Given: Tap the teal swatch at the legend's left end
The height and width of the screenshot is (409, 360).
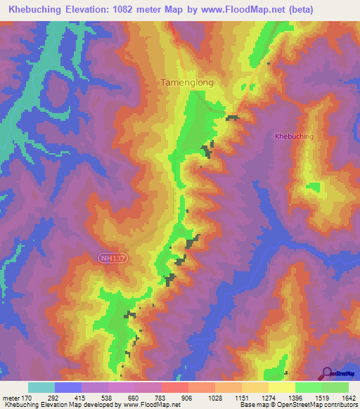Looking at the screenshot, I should [x=41, y=387].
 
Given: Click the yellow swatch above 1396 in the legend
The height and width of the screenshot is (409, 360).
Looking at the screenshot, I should [x=281, y=387].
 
